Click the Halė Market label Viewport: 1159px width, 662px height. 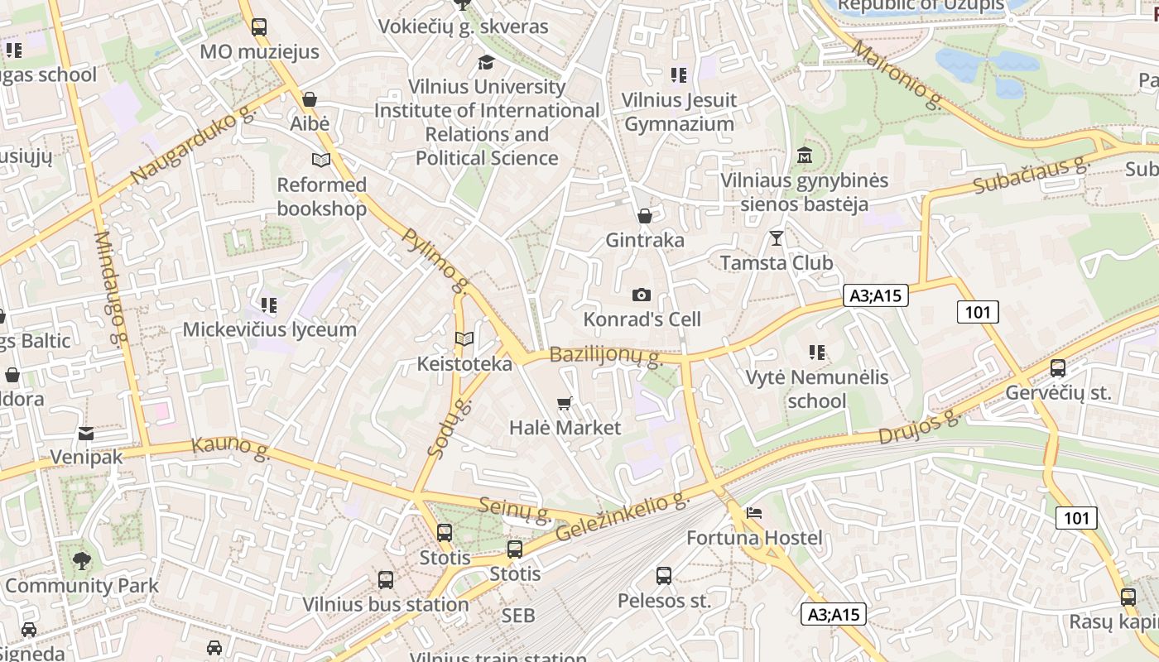coord(565,428)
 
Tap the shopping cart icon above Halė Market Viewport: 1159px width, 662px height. coord(565,403)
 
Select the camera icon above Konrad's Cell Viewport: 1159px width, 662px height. coord(641,295)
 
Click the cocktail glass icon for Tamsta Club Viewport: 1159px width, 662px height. coord(776,238)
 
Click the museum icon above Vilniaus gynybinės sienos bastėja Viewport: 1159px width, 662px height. coord(803,156)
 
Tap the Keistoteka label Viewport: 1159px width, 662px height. coord(464,363)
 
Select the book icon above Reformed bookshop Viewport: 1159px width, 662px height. coord(320,160)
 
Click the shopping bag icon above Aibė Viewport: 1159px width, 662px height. coord(310,99)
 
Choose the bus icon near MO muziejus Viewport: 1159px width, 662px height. coord(259,26)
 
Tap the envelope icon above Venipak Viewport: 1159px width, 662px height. coord(86,433)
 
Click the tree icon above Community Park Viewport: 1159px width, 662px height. coord(81,561)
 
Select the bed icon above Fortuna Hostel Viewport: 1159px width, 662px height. coord(753,513)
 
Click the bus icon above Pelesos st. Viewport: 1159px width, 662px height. coord(663,575)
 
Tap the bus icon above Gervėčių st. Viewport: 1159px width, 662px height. coord(1057,368)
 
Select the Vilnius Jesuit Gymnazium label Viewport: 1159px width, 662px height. coord(679,113)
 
